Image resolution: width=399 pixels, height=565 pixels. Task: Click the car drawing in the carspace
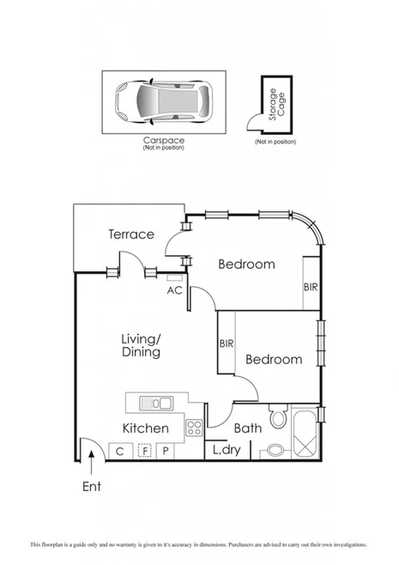(163, 100)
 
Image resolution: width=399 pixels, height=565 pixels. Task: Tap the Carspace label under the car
(163, 141)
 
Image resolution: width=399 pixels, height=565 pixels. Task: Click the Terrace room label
(130, 234)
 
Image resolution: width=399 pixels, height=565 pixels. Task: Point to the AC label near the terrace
(174, 290)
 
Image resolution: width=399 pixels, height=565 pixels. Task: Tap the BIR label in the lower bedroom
(227, 343)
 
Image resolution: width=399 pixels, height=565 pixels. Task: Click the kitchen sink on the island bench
(158, 402)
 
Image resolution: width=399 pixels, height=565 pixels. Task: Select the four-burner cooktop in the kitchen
(195, 427)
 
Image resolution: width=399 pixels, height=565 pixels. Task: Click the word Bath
(248, 428)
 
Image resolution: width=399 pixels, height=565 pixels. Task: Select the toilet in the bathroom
(277, 419)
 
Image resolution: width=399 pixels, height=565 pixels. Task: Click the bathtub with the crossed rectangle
(306, 434)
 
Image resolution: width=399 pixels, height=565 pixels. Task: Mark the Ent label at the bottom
(92, 487)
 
